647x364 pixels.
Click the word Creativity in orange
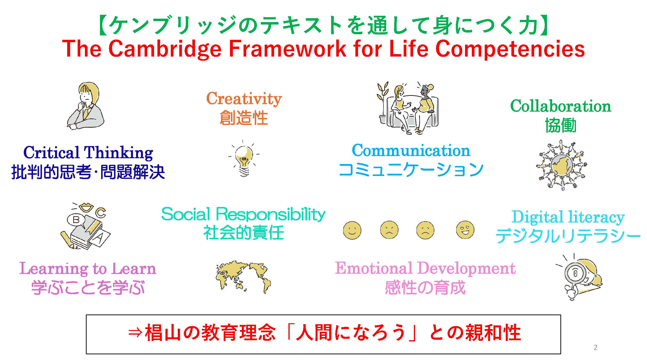[x=244, y=99]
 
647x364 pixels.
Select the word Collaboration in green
[x=561, y=106]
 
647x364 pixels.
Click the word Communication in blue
[x=411, y=151]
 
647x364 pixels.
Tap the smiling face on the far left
[x=352, y=230]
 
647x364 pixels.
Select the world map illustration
[x=243, y=277]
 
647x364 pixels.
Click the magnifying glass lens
[x=575, y=273]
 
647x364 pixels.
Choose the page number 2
[x=596, y=347]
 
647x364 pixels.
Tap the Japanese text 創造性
[x=244, y=118]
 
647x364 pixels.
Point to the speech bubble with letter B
[x=76, y=220]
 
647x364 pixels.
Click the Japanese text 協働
[x=561, y=125]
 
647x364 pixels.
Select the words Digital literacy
[x=568, y=217]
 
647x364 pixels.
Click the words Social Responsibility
[x=243, y=215]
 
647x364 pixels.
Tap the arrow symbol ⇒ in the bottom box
[x=135, y=333]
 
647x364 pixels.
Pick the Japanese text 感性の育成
[x=425, y=288]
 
